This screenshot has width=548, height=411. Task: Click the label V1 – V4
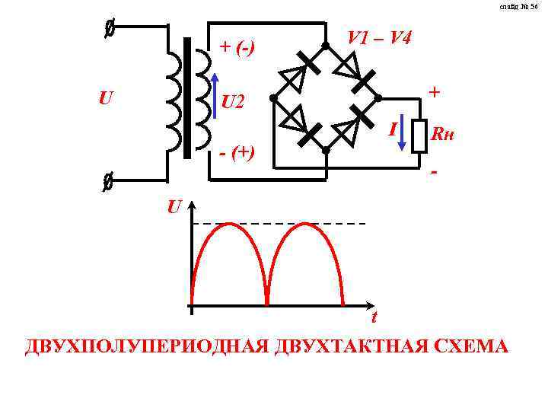380,37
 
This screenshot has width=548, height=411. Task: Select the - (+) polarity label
237,153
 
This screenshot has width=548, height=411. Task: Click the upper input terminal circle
110,30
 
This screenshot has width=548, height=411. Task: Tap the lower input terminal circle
108,183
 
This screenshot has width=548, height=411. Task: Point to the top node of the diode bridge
325,46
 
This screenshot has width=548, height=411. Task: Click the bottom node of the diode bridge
325,150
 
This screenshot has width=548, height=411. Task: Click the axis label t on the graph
374,317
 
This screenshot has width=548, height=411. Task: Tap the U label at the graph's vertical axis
175,206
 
